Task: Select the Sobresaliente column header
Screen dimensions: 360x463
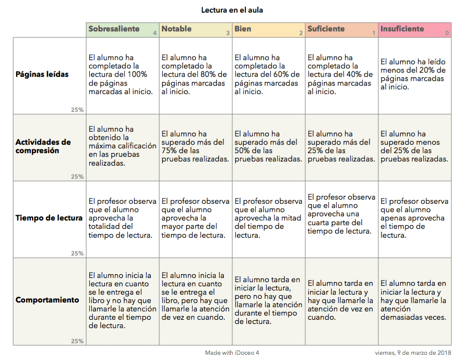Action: pos(114,29)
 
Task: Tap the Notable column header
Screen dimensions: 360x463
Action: pos(176,29)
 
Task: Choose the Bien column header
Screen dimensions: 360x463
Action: pos(243,29)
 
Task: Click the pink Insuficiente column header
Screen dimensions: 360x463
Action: pos(402,29)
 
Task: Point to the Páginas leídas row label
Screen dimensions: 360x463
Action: pos(42,74)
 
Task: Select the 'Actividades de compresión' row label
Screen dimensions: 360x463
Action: pos(43,146)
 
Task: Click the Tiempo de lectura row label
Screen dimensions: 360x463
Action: pos(49,218)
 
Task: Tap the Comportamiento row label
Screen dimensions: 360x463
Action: pos(47,300)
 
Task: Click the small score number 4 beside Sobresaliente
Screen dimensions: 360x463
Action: pos(154,33)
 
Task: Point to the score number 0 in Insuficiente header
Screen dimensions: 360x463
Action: pos(447,33)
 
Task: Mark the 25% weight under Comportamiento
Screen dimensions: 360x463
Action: pos(77,341)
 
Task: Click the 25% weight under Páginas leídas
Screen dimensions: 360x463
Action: pos(77,110)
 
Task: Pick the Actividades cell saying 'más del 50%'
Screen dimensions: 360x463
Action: pos(268,146)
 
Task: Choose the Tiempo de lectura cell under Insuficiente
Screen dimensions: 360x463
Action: pos(414,218)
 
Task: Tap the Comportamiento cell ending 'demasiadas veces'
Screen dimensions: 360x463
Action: pos(414,300)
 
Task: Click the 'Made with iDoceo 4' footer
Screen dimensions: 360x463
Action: pos(232,353)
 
